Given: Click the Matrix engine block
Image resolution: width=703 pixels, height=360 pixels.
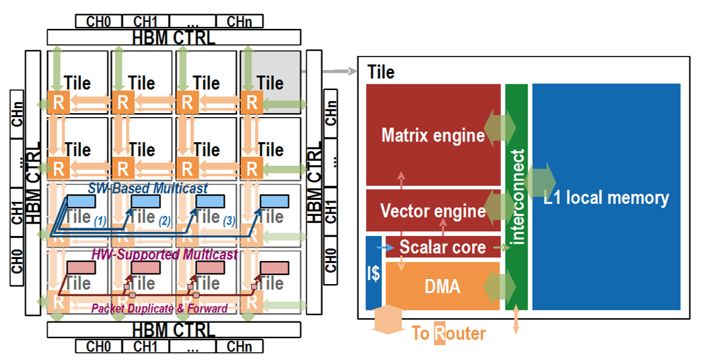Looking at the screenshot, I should (433, 135).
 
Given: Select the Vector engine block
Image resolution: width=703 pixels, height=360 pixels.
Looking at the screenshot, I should (433, 210).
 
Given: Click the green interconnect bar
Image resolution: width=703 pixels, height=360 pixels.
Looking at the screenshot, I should (516, 196).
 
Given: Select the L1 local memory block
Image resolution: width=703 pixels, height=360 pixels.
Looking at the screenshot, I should (606, 196).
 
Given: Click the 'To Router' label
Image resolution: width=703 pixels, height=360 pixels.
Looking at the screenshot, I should (448, 333).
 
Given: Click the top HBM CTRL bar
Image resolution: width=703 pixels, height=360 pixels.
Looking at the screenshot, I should (174, 37).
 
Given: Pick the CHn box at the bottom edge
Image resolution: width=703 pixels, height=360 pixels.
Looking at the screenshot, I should (244, 347).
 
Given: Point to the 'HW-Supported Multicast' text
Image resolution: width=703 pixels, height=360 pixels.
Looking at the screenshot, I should (165, 255).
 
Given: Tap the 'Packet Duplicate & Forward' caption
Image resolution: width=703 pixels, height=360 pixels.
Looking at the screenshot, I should (159, 309).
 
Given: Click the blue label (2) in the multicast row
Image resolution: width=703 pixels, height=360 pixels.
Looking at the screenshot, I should (165, 221).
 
